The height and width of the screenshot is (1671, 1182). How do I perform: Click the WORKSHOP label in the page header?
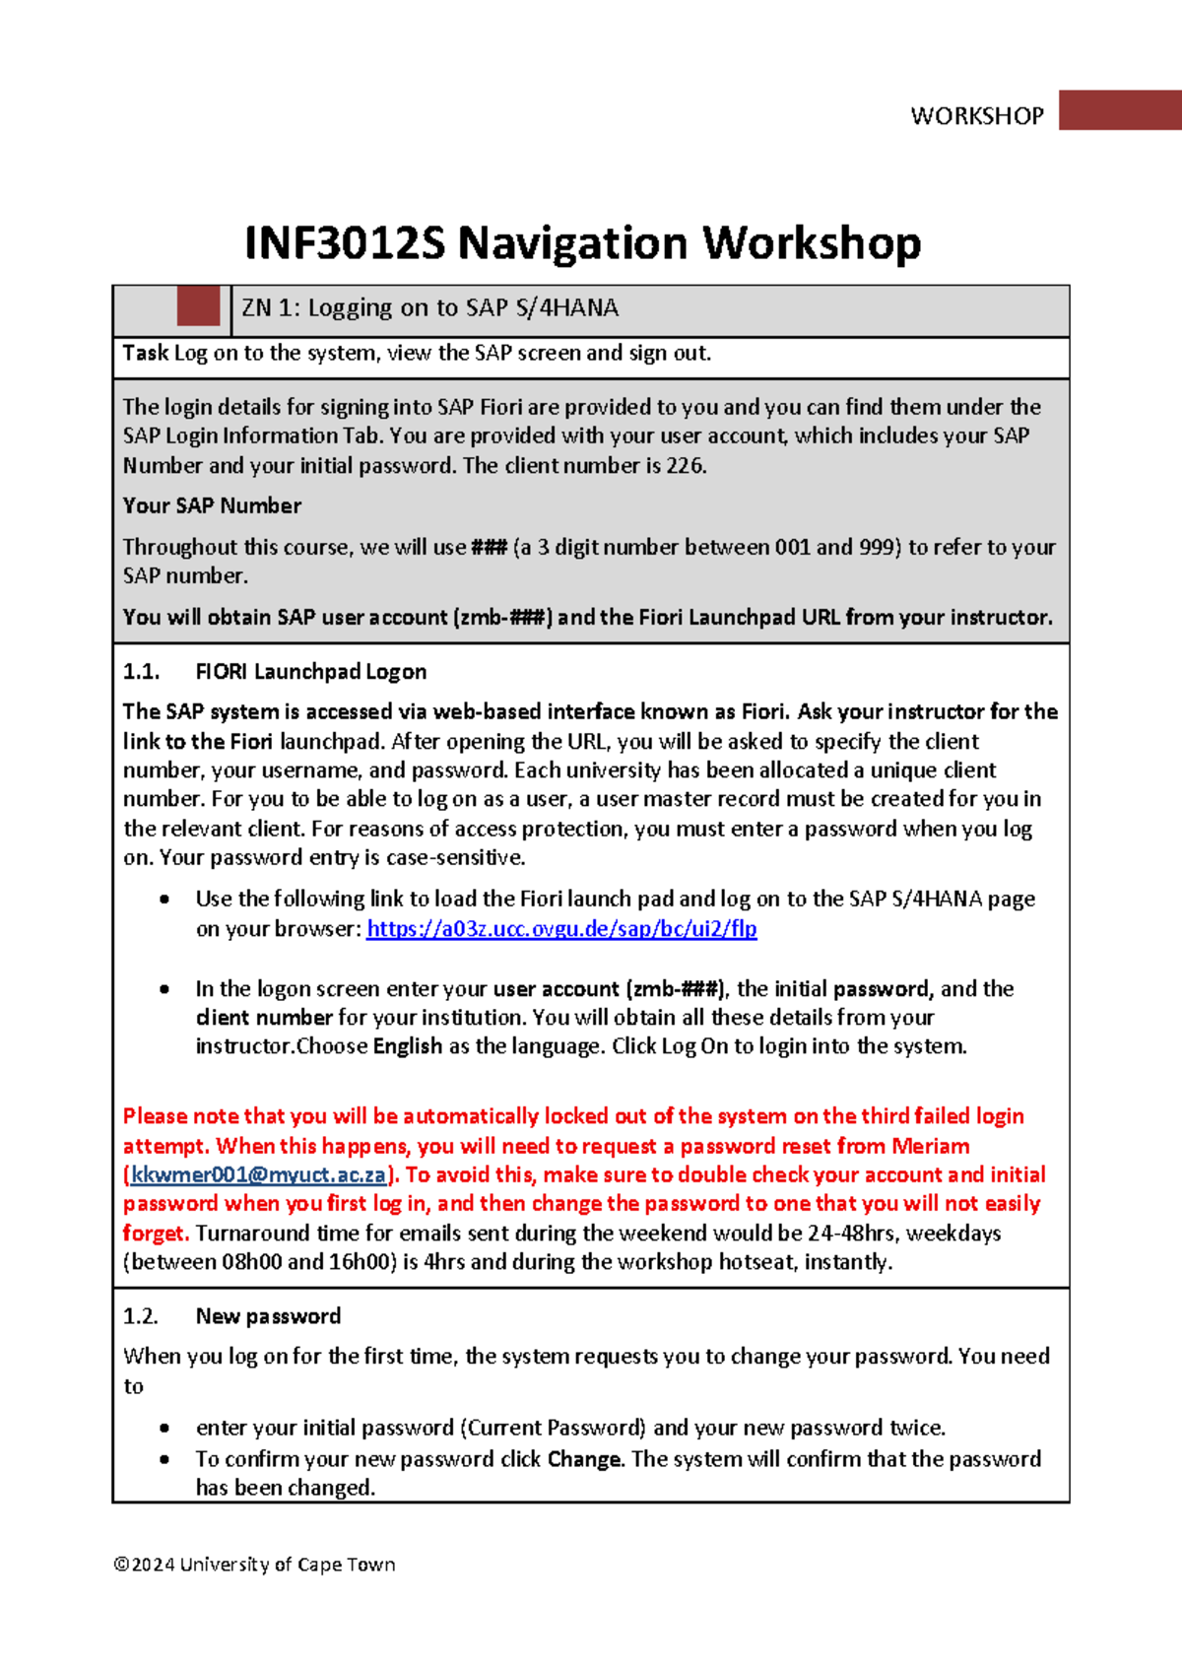[x=976, y=116]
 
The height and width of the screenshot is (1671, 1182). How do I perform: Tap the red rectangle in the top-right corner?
[x=1120, y=109]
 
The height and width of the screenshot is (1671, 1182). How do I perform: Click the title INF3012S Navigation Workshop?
[x=582, y=243]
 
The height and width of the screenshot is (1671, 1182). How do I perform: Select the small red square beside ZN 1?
[x=198, y=306]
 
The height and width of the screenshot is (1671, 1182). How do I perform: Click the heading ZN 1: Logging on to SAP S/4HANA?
[x=429, y=308]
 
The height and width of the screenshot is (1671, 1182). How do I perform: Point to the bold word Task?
[x=145, y=353]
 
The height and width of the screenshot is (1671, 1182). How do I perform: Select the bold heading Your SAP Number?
[x=212, y=505]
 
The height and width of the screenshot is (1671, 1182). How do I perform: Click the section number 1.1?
[x=141, y=672]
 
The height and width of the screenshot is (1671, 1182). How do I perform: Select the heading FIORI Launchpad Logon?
[x=310, y=672]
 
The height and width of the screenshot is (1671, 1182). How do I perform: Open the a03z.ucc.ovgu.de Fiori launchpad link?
[x=561, y=928]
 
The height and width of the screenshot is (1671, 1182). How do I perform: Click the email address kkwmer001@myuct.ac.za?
[x=258, y=1174]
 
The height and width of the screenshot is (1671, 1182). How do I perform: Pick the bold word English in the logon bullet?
[x=407, y=1046]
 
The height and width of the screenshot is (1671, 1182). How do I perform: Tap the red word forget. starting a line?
[x=156, y=1233]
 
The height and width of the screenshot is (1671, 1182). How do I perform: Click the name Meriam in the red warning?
[x=930, y=1146]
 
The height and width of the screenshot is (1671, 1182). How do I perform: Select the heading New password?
[x=268, y=1316]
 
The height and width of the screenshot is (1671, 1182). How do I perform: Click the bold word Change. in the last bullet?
[x=585, y=1458]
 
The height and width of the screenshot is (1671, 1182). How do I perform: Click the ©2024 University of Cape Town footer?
[x=254, y=1565]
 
